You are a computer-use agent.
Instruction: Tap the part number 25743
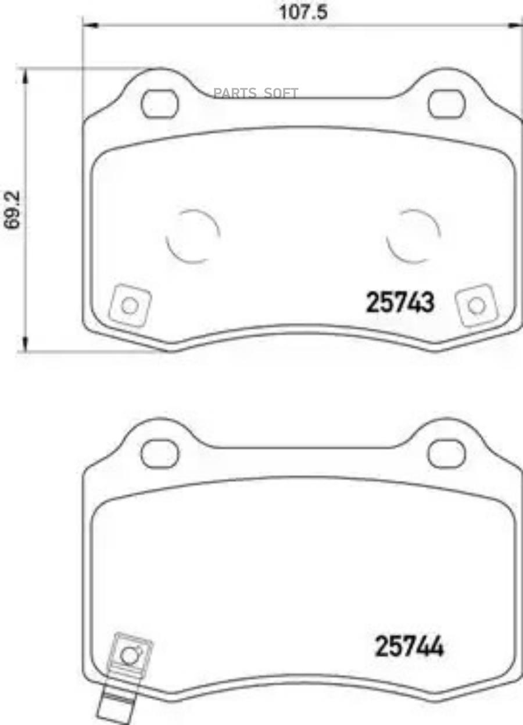point(400,303)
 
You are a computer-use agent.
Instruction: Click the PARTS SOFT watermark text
point(256,93)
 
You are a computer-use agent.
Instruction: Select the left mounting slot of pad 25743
point(160,103)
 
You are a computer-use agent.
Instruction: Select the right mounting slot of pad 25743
point(446,103)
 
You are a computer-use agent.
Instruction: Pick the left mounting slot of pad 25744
point(160,453)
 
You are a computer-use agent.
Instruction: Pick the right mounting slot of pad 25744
point(446,453)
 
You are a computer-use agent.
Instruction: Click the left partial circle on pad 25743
point(192,235)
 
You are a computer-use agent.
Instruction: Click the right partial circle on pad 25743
point(413,235)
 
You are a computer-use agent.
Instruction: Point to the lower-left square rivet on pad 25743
point(131,306)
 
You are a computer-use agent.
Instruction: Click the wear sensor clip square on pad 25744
point(130,655)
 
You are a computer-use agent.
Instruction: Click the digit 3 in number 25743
point(427,303)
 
